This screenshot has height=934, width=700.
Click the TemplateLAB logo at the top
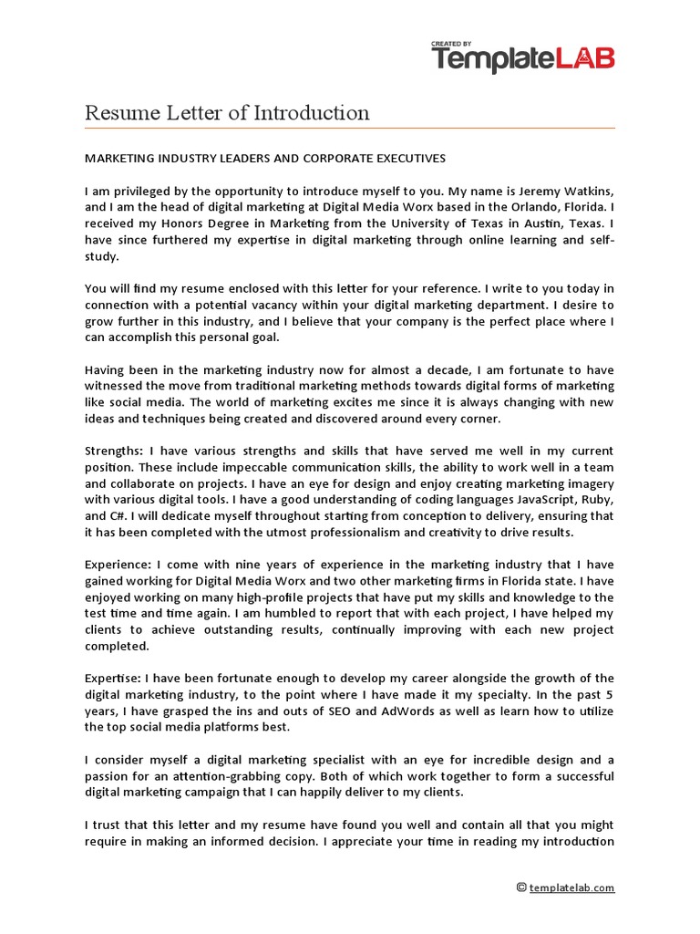tap(522, 59)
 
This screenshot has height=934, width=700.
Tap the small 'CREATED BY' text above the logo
tap(453, 43)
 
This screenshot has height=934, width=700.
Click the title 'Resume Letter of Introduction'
tap(227, 113)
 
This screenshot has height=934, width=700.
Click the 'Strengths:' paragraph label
tap(114, 451)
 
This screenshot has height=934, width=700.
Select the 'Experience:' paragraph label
tap(118, 565)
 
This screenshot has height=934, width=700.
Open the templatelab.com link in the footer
tap(571, 887)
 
